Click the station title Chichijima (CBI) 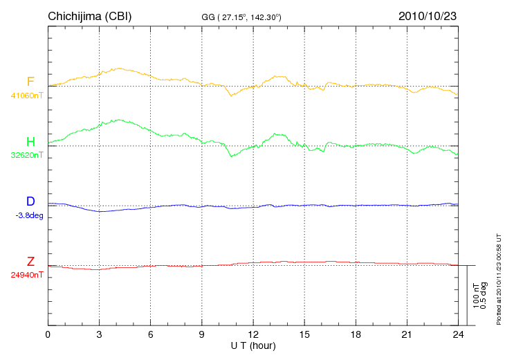89,15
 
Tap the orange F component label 31,82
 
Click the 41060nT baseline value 26,96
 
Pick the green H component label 31,141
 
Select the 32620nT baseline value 26,155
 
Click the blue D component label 30,201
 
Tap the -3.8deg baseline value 28,215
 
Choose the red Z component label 30,261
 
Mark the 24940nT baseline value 27,275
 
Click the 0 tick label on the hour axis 48,335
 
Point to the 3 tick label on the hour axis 99,335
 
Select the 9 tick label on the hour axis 202,335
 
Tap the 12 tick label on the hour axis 253,335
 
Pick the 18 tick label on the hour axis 356,335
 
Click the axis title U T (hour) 253,345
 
